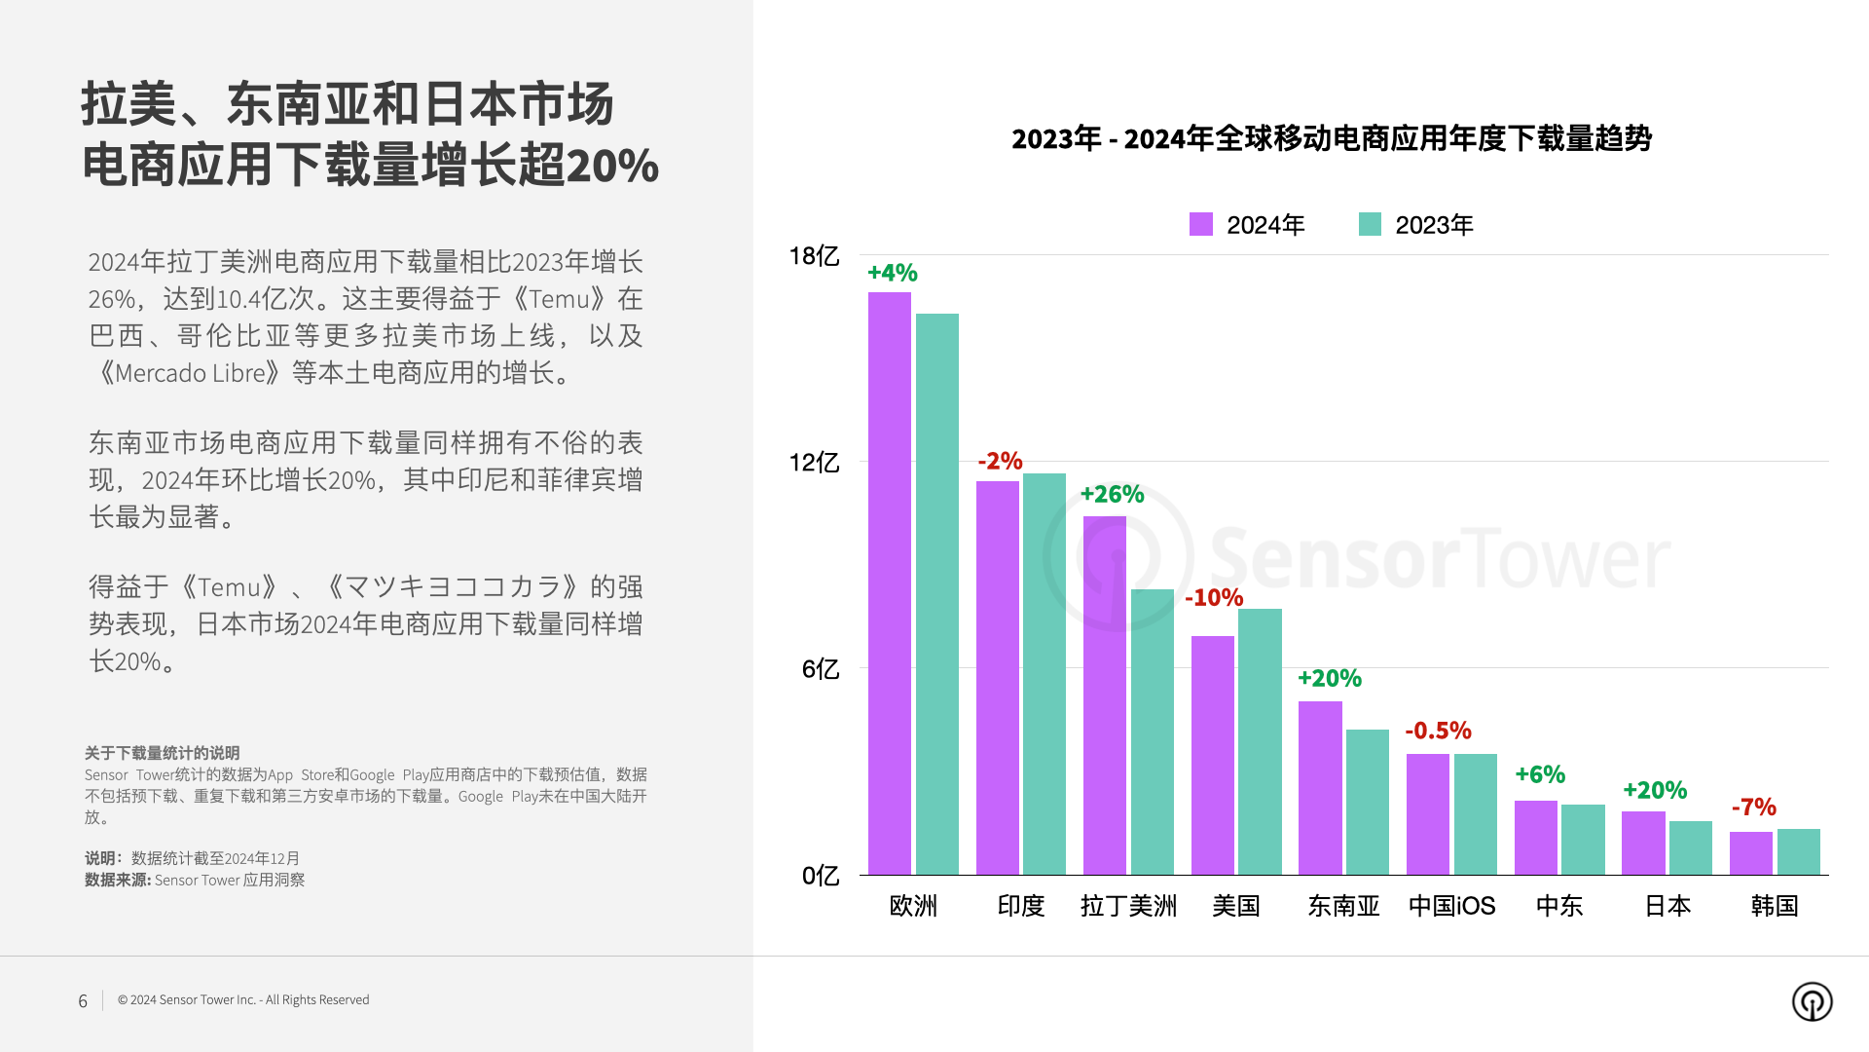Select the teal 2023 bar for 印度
[x=1044, y=673]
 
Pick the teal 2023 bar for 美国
[x=1260, y=741]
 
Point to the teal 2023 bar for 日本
[x=1690, y=847]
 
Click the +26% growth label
[x=1112, y=495]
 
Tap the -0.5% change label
[x=1438, y=731]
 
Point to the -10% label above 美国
[x=1214, y=598]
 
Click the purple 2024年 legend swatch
[x=1201, y=225]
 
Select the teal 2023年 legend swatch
[x=1370, y=225]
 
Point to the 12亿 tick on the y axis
[x=814, y=462]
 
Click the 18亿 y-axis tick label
[x=814, y=256]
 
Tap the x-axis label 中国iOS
[x=1451, y=906]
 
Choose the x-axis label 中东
[x=1559, y=906]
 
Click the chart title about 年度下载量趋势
[x=1331, y=139]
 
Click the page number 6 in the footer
[x=83, y=1001]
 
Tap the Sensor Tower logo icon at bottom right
[x=1812, y=1001]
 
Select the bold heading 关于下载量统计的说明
[x=162, y=753]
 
